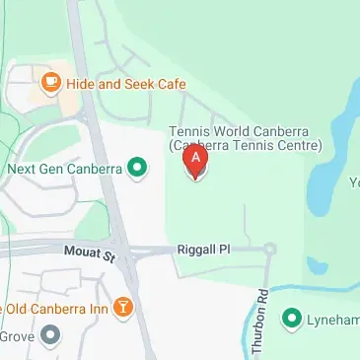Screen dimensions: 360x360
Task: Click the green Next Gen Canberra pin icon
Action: tap(138, 169)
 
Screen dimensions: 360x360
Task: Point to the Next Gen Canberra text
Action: tap(64, 169)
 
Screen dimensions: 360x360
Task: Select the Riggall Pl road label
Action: tap(202, 252)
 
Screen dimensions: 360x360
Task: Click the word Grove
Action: tap(17, 336)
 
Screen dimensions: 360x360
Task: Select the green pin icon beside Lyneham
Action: tap(291, 318)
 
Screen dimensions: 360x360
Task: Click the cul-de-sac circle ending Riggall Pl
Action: tap(270, 250)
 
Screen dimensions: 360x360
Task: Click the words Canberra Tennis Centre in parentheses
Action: tap(246, 146)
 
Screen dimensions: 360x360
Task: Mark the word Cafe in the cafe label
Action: tap(163, 84)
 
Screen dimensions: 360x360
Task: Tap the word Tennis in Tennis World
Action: tap(188, 131)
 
